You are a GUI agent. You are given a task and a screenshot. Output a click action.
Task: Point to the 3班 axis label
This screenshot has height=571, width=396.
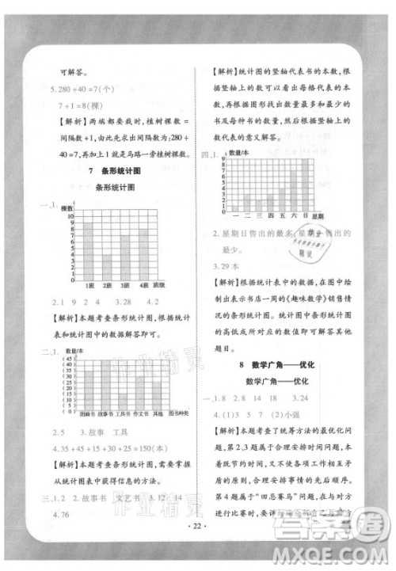coord(127,285)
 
